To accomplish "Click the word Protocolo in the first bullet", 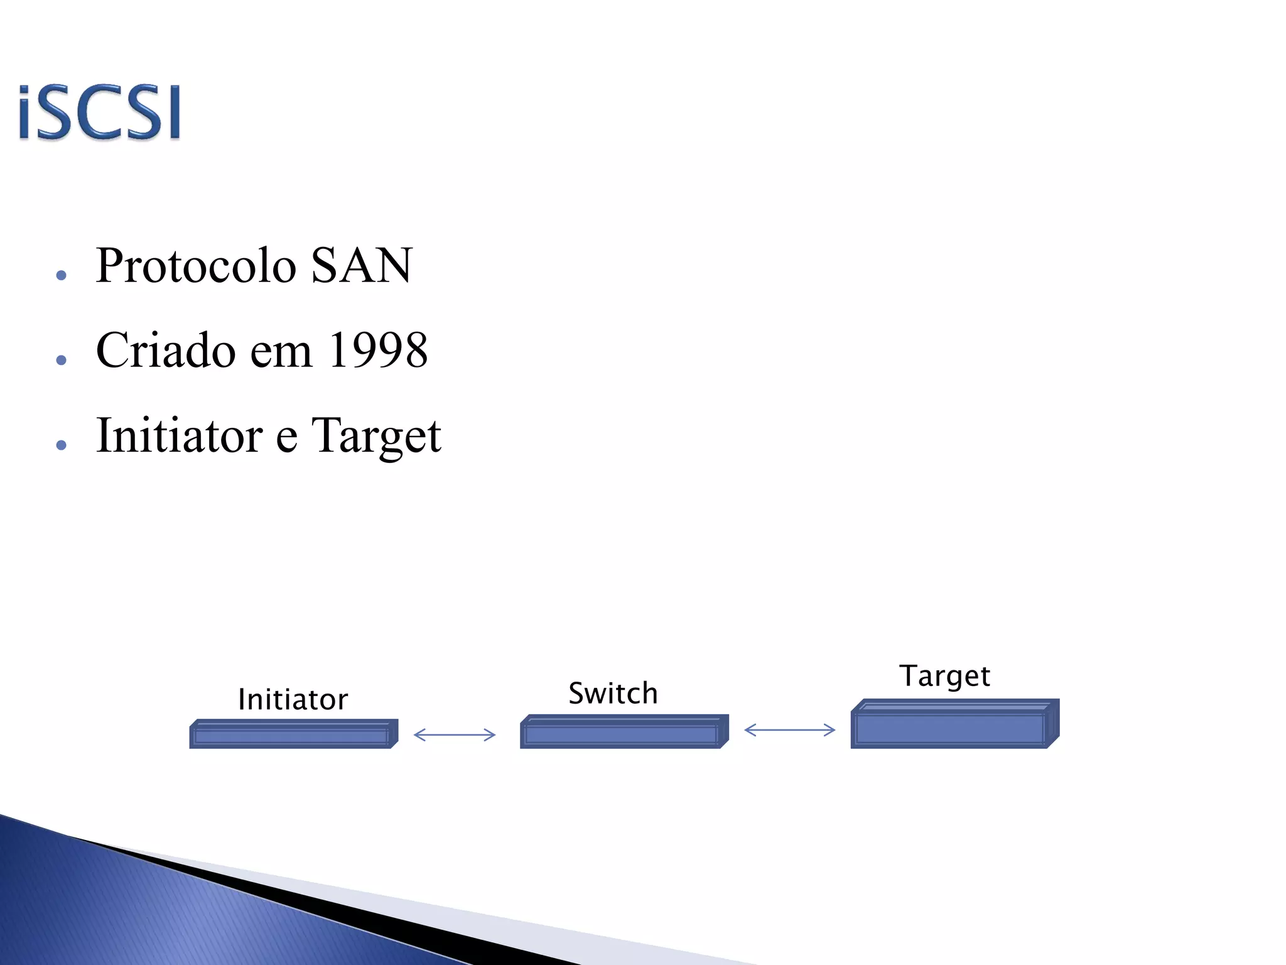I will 196,266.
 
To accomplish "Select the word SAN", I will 362,266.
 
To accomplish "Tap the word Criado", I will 166,350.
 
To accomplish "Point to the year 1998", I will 378,350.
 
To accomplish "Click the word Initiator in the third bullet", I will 179,435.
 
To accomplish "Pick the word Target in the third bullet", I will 376,437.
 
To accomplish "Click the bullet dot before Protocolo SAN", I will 61,275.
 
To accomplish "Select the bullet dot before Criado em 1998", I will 61,360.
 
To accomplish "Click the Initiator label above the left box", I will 293,699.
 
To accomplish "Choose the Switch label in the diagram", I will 613,694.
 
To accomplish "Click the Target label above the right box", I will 944,676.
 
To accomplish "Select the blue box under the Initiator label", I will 293,734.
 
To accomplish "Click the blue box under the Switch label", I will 623,732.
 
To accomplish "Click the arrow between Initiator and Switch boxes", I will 455,734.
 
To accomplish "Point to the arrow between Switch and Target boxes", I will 789,730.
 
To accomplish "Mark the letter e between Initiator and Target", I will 286,438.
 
